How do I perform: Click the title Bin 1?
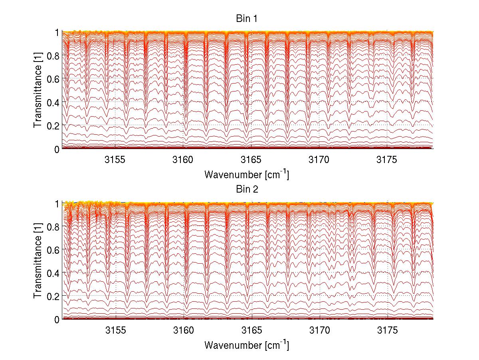(x=247, y=18)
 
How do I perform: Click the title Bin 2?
(x=247, y=189)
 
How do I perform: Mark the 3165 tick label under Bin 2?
(x=251, y=331)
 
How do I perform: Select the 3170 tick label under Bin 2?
(x=319, y=331)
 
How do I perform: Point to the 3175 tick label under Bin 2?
(x=388, y=331)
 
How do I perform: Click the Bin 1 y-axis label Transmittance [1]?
(x=38, y=90)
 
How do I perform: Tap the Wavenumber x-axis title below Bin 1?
(x=247, y=174)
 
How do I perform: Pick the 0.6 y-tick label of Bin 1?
(x=53, y=79)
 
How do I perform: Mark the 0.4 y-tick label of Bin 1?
(x=53, y=102)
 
